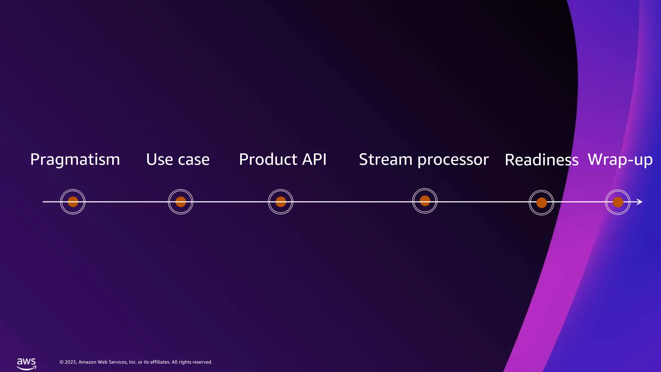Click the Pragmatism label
75,160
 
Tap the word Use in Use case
159,160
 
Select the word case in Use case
194,160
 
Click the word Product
268,160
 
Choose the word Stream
386,160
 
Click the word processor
453,160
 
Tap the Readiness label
541,160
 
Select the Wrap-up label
620,160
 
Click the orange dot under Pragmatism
73,202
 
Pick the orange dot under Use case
181,202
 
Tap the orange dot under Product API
281,202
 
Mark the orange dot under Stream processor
425,201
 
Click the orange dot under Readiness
542,203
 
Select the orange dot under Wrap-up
618,202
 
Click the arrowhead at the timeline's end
640,202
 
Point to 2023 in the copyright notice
70,362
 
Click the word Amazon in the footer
87,362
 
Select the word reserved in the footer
203,362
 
